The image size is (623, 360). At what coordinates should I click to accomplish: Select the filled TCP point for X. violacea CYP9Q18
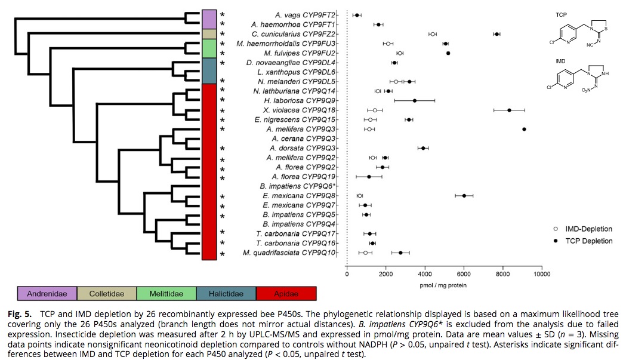[509, 110]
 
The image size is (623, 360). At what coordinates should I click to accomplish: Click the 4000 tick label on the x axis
[424, 275]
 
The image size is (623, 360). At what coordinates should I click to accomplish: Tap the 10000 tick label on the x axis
[541, 275]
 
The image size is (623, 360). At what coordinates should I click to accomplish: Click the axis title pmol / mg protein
[444, 285]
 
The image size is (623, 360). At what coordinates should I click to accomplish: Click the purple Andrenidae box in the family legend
[47, 293]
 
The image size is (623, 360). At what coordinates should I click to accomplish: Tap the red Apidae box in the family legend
[286, 293]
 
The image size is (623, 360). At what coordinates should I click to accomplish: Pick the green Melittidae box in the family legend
[166, 293]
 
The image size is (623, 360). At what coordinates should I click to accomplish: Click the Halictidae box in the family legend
[226, 293]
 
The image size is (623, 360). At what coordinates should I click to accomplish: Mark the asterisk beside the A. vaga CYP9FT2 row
[223, 14]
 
